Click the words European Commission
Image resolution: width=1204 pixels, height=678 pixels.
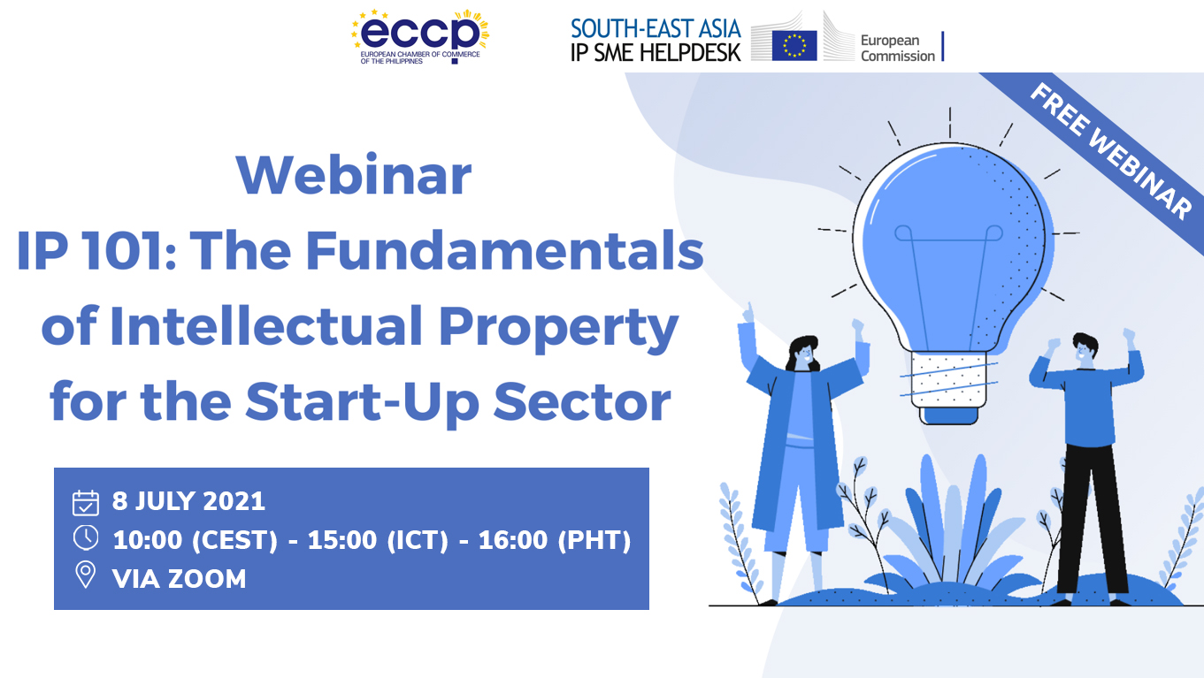tap(897, 48)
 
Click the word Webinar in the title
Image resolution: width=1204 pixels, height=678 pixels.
tap(354, 175)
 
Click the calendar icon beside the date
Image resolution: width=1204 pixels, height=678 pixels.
tap(86, 502)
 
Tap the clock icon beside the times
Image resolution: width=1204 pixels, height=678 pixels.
tap(86, 538)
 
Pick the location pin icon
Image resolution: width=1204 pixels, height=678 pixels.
tap(86, 575)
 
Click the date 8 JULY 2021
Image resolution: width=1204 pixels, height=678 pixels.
tap(188, 501)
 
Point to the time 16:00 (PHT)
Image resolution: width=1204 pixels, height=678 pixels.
tap(555, 539)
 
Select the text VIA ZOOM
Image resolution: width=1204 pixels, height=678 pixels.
tap(179, 578)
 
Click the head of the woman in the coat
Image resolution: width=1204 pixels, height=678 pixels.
tap(802, 354)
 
